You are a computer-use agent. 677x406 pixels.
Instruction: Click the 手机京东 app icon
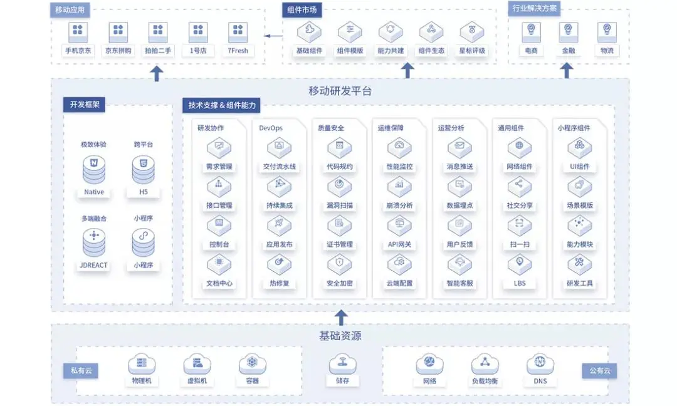pyautogui.click(x=78, y=31)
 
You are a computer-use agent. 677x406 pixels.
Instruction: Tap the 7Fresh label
pyautogui.click(x=238, y=51)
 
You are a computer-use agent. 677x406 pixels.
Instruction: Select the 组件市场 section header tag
pyautogui.click(x=302, y=9)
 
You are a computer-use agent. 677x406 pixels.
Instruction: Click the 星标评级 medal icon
pyautogui.click(x=471, y=31)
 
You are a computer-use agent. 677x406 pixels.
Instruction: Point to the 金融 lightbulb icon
pyautogui.click(x=568, y=30)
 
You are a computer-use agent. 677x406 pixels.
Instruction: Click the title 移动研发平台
pyautogui.click(x=340, y=91)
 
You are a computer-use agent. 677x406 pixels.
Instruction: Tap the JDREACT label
pyautogui.click(x=94, y=265)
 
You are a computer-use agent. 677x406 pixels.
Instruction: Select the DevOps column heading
pyautogui.click(x=271, y=128)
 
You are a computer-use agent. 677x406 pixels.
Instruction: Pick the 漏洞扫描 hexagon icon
pyautogui.click(x=340, y=186)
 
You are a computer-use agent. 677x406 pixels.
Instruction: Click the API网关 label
pyautogui.click(x=399, y=244)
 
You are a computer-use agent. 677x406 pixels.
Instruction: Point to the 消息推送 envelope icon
pyautogui.click(x=459, y=147)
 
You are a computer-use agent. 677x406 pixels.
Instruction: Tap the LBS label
pyautogui.click(x=519, y=283)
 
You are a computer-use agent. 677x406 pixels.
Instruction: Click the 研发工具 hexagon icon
pyautogui.click(x=579, y=264)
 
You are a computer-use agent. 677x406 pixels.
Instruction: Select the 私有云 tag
pyautogui.click(x=80, y=371)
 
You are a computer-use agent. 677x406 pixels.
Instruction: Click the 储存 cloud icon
pyautogui.click(x=342, y=363)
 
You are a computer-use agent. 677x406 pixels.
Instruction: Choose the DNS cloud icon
pyautogui.click(x=540, y=363)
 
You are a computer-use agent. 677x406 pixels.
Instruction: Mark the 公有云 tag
pyautogui.click(x=599, y=371)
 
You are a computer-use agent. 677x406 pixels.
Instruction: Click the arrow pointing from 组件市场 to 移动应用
pyautogui.click(x=273, y=36)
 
